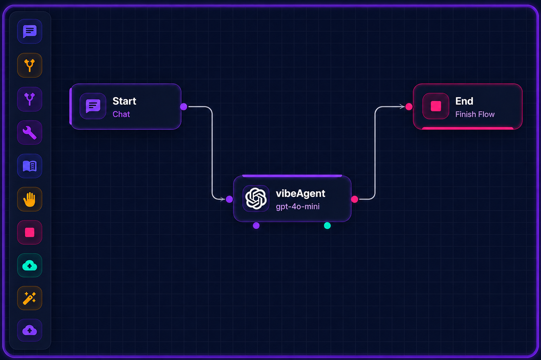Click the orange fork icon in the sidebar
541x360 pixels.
[x=30, y=65]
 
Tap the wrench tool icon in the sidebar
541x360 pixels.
[x=30, y=133]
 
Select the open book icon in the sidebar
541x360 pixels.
[x=30, y=166]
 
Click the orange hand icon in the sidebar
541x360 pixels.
[x=30, y=200]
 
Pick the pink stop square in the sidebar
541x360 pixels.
[x=30, y=232]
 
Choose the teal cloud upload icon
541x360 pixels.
[x=30, y=265]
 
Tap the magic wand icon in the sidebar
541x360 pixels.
[x=30, y=298]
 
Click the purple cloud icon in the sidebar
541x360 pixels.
[x=30, y=330]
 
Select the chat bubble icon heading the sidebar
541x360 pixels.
[x=30, y=31]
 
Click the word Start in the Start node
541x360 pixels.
[x=124, y=101]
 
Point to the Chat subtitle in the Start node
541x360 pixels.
[x=121, y=114]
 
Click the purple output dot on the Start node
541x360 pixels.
[x=183, y=107]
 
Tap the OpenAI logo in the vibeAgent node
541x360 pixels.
[x=256, y=198]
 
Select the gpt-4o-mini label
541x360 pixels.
[x=297, y=207]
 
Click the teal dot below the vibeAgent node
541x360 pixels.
[x=327, y=226]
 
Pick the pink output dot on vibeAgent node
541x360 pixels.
[x=354, y=199]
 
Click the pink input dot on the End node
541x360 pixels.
[x=409, y=107]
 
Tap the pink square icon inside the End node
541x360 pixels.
[x=436, y=106]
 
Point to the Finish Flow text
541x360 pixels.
[x=475, y=114]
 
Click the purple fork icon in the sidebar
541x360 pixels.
[x=30, y=99]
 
